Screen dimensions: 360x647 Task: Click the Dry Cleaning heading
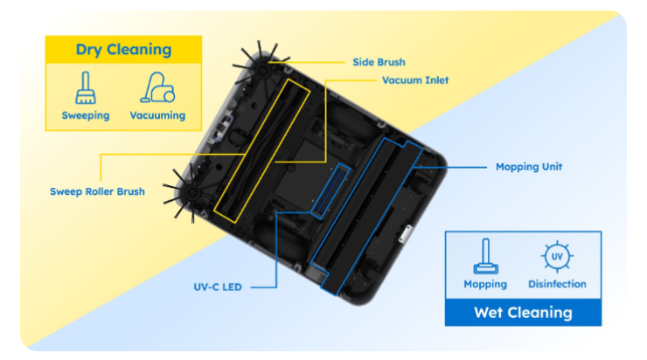pyautogui.click(x=122, y=50)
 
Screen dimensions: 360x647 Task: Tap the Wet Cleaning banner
pyautogui.click(x=523, y=312)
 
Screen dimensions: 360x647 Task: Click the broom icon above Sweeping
pyautogui.click(x=85, y=88)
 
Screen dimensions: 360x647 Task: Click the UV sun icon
pyautogui.click(x=557, y=257)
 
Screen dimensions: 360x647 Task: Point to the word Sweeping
pyautogui.click(x=85, y=115)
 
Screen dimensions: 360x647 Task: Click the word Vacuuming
pyautogui.click(x=157, y=115)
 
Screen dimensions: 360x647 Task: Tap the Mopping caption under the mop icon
pyautogui.click(x=485, y=284)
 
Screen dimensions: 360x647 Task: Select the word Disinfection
pyautogui.click(x=557, y=284)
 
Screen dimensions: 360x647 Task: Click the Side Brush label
pyautogui.click(x=379, y=62)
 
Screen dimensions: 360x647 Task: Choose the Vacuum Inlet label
pyautogui.click(x=414, y=80)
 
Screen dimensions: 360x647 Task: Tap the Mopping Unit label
pyautogui.click(x=528, y=166)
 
